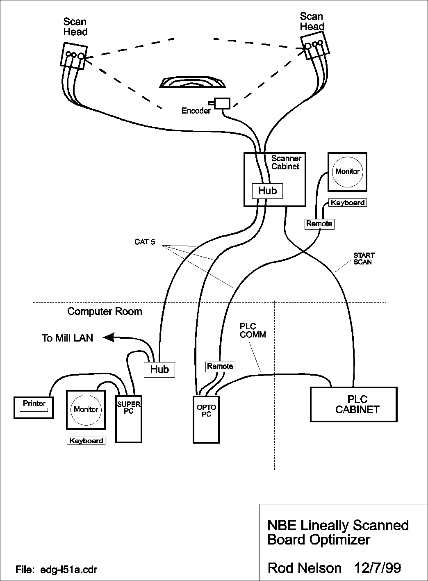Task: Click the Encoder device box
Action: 222,103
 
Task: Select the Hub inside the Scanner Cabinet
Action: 267,191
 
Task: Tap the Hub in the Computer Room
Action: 159,369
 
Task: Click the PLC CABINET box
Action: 353,404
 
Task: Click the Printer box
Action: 34,408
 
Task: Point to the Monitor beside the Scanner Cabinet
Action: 347,172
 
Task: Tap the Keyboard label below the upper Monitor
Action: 348,203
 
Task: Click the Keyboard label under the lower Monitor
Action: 86,441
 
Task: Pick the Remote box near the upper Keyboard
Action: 319,224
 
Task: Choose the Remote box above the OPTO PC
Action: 220,366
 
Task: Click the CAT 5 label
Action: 145,242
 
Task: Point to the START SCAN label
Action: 364,259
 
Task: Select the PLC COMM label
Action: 253,330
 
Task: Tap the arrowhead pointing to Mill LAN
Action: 109,337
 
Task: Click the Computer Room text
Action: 105,311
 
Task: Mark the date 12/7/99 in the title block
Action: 377,568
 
